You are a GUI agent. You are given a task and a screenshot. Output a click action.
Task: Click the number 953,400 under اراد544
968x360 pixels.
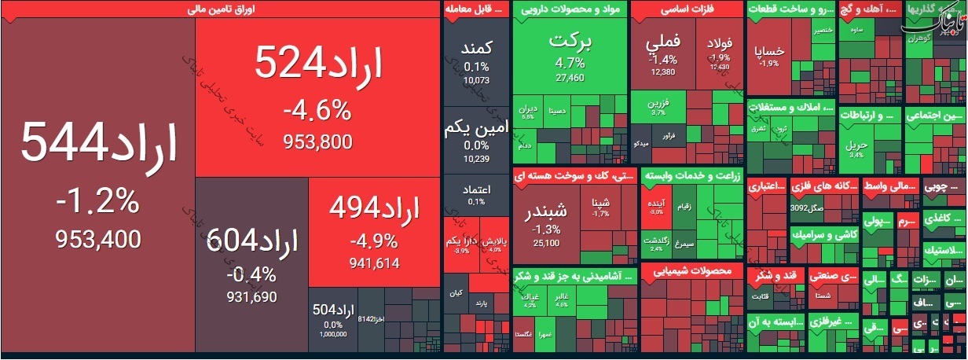98,239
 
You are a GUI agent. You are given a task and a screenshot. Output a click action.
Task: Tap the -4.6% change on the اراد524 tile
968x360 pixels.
317,110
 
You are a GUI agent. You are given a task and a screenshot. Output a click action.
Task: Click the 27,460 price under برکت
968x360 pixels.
570,78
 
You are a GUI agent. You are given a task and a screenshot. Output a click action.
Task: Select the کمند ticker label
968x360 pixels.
477,49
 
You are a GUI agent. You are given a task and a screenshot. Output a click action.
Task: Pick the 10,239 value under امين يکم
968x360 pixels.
476,159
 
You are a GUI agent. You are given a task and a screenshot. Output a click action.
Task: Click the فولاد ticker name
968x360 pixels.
720,43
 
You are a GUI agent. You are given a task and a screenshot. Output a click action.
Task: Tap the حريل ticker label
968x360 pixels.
856,145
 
